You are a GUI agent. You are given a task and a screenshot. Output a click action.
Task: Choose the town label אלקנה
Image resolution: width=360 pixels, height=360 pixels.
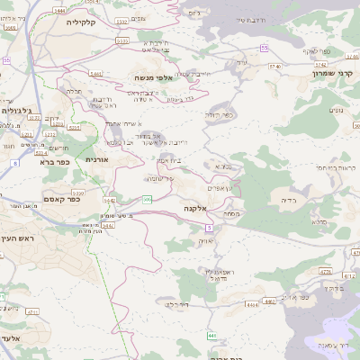coord(195,208)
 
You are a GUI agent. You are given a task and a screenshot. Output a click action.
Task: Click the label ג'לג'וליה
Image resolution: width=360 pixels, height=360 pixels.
coord(18,111)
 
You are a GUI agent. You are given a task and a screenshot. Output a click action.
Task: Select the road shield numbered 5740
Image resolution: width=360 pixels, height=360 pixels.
coord(274,66)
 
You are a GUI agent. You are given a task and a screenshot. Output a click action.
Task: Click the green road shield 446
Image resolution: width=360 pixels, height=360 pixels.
coord(212,336)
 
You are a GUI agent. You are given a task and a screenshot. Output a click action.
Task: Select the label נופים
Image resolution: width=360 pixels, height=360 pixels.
coord(337,110)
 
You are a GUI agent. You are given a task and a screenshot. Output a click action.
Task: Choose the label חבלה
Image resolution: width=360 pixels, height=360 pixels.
coord(75,90)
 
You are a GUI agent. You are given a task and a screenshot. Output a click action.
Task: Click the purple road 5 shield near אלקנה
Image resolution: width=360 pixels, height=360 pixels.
coord(209,229)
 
